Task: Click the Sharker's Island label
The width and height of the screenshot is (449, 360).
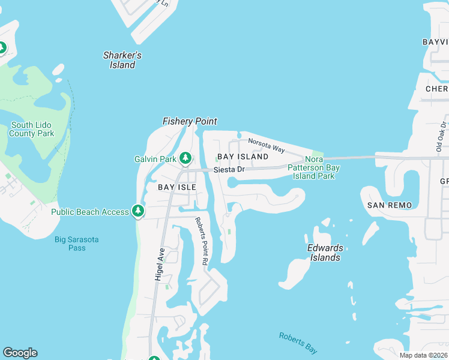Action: pos(122,60)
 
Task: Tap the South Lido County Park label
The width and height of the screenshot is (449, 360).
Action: pos(31,129)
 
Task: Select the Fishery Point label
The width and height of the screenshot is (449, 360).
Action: pos(190,121)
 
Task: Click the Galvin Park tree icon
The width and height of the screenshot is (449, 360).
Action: pos(186,158)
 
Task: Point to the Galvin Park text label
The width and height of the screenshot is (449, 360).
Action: pos(155,159)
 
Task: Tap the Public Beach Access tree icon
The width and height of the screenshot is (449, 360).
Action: pos(139,211)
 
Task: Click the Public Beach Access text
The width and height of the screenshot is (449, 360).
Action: pos(90,212)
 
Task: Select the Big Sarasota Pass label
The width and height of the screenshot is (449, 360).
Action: pos(76,244)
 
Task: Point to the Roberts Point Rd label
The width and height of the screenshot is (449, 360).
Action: pos(201,241)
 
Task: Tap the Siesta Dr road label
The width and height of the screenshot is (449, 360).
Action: pos(229,170)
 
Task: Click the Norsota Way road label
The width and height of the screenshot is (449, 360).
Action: pos(267,145)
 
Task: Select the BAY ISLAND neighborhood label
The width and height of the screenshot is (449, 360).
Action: pos(243,157)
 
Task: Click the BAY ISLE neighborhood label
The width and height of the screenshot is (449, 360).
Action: pos(177,187)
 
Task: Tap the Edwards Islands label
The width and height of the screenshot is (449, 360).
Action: pos(325,253)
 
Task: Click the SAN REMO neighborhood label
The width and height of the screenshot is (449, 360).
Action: pos(390,205)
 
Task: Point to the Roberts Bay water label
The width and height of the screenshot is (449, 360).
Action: pos(298,343)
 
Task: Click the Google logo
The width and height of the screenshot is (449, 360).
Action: pos(20,353)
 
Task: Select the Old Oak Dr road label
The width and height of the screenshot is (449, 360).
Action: pos(441,135)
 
